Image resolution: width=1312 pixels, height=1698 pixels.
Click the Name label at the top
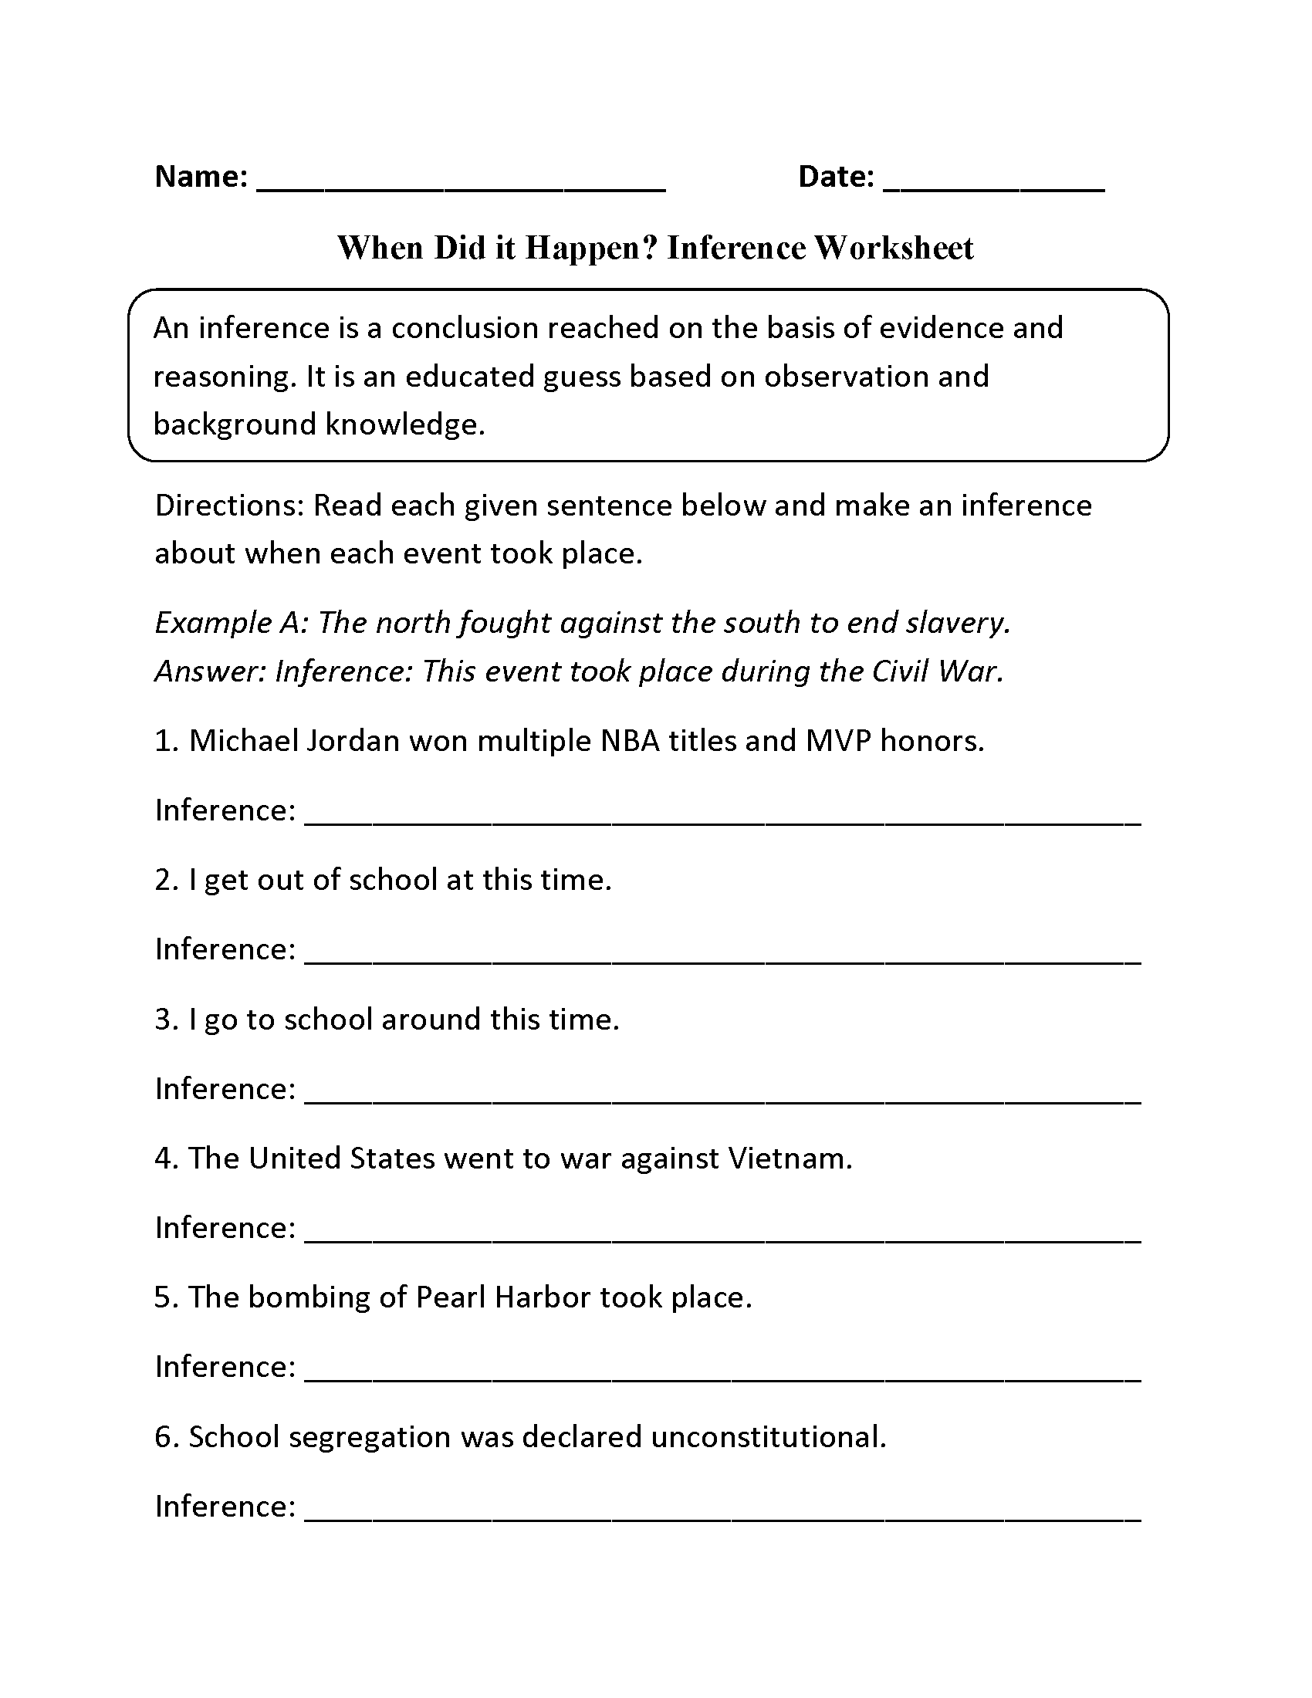click(x=201, y=178)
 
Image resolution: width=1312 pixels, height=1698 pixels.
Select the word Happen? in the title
click(x=591, y=248)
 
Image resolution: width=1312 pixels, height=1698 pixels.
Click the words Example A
click(x=231, y=623)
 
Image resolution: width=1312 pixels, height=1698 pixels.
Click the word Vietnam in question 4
click(x=790, y=1158)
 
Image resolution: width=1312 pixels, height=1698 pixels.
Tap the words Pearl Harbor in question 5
click(x=503, y=1297)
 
